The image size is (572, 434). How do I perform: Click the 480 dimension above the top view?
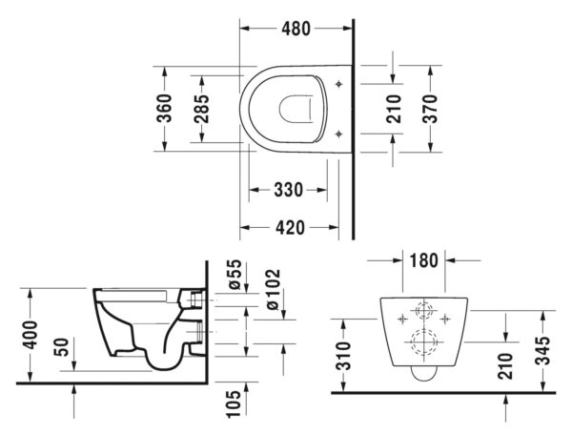pos(296,29)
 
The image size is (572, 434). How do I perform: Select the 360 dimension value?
pos(164,108)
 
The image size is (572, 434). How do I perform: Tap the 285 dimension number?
pos(201,109)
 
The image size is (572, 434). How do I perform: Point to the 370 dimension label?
pos(430,109)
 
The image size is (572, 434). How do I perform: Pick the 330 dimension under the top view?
pos(288,190)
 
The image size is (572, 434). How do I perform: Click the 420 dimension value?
pos(290,227)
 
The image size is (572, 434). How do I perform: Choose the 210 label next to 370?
pos(393,109)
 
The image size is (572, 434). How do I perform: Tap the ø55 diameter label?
pos(235,274)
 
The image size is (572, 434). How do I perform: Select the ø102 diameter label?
pos(273,289)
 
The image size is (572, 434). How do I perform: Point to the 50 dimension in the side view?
pos(61,347)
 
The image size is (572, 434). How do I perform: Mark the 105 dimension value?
pos(234,403)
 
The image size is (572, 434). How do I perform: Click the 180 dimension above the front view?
pos(423,260)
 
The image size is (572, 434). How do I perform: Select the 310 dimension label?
pos(343,356)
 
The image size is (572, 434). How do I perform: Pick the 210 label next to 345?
pos(505,366)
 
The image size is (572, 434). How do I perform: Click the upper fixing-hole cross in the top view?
pos(339,84)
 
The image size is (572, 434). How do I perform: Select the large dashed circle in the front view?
pos(423,342)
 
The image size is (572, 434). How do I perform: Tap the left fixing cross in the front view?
pos(402,319)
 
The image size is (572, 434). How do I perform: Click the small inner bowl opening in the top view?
pos(296,109)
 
